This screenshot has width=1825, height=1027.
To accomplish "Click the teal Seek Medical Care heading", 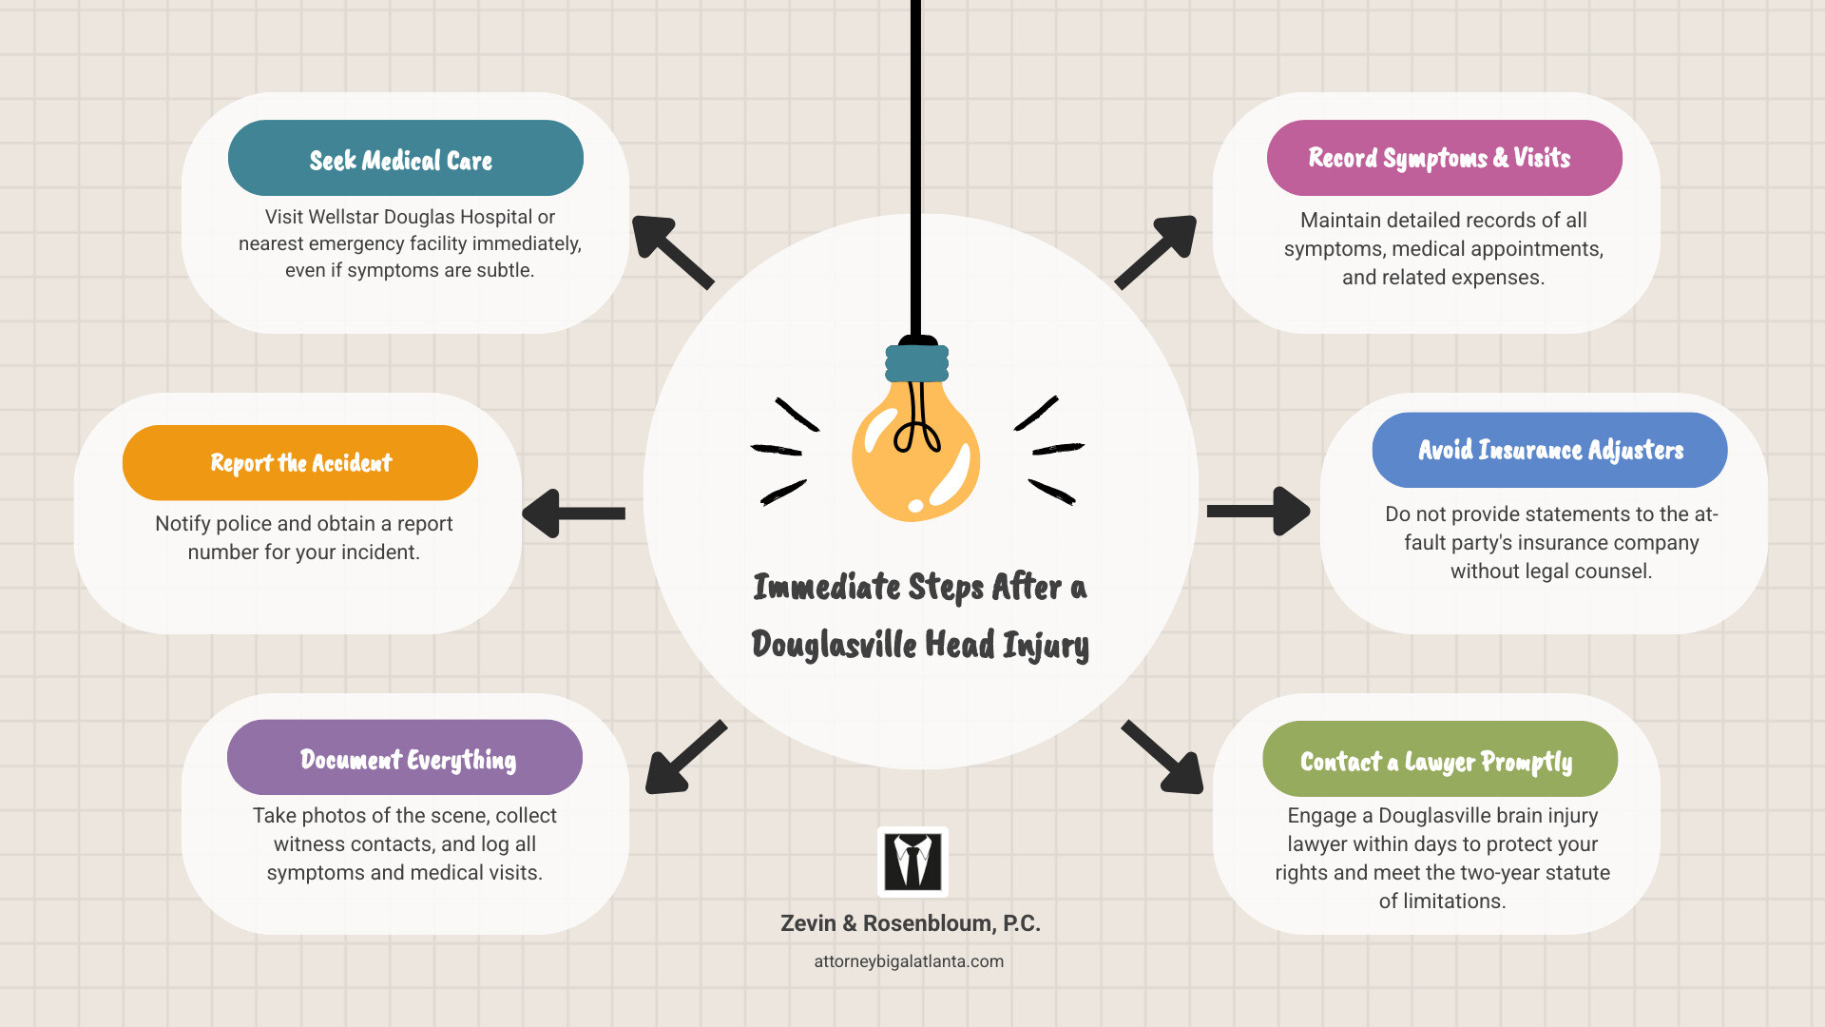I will coord(405,159).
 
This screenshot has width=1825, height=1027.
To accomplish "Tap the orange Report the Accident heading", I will coord(300,463).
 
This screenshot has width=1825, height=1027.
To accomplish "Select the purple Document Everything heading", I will coord(405,758).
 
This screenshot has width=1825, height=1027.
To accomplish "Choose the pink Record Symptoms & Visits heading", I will coord(1443,158).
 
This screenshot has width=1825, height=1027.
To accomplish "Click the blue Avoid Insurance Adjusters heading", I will coord(1549,450).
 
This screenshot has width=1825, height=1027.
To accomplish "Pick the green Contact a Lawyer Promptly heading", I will coord(1439,760).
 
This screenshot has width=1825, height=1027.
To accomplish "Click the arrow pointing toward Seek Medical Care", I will coord(671,251).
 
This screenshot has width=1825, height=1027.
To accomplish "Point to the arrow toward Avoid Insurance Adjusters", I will coord(1258,512).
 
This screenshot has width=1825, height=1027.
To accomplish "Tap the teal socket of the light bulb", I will coord(916,363).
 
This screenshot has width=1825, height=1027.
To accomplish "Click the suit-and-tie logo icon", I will coord(912,862).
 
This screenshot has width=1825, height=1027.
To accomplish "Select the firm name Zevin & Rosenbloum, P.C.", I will coord(910,923).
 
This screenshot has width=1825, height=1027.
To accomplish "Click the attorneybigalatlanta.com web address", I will coord(909,961).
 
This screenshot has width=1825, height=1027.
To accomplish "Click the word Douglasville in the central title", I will coord(834,645).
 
